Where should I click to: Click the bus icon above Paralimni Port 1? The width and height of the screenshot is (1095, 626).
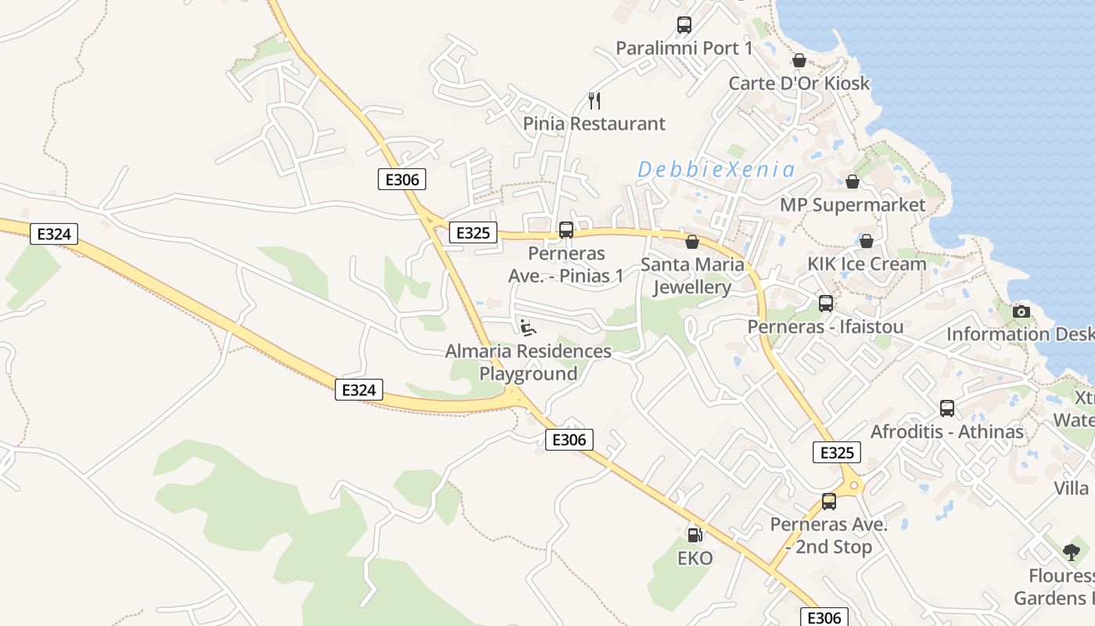(x=684, y=25)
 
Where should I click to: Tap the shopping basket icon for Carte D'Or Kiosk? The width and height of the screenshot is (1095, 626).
(x=799, y=60)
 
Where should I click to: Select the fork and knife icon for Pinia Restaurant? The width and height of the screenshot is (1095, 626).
(x=594, y=100)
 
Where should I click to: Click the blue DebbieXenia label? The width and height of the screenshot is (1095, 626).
(x=716, y=169)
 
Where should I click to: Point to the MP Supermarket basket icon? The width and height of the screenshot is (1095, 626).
(x=853, y=182)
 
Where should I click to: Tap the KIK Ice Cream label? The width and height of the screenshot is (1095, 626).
(x=867, y=264)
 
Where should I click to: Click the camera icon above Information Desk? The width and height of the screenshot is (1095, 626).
(x=1021, y=311)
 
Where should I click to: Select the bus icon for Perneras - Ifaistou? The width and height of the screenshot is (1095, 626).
(x=826, y=304)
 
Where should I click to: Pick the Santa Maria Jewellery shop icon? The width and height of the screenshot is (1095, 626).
(x=692, y=242)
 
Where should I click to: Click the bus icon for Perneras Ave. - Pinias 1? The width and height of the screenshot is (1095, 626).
(x=566, y=230)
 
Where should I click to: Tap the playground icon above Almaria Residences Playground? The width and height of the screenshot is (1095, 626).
(x=528, y=327)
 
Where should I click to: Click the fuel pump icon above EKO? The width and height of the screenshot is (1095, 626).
(x=695, y=535)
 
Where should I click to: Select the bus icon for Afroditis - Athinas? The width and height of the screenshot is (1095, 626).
(x=947, y=408)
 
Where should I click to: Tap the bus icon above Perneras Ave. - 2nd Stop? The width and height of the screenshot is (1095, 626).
(x=829, y=502)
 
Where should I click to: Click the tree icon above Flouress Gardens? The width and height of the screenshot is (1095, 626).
(x=1072, y=552)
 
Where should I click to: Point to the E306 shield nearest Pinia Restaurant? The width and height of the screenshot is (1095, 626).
(x=403, y=179)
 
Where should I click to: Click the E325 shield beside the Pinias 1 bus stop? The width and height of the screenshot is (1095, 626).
(x=473, y=232)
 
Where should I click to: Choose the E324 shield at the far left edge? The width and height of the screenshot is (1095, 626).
(x=54, y=233)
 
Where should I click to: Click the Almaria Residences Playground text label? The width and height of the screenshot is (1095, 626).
(x=528, y=362)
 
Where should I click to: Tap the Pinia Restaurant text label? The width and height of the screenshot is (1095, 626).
(x=594, y=124)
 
